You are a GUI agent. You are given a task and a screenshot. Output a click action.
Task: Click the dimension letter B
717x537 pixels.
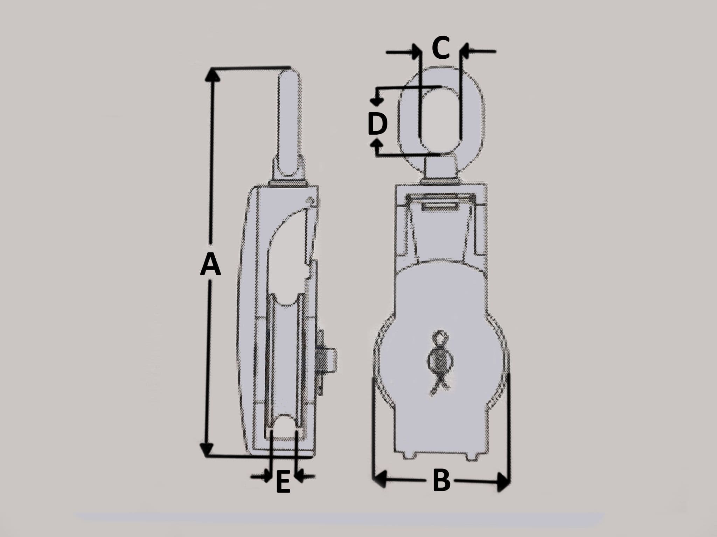tap(441, 481)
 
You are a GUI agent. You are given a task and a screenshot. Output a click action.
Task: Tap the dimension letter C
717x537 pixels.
tap(440, 48)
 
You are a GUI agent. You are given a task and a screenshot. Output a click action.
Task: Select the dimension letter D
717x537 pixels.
tap(377, 124)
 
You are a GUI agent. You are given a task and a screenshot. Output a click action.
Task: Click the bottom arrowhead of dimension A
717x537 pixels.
tap(207, 450)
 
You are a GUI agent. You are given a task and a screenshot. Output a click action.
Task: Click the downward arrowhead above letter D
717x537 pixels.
tap(376, 102)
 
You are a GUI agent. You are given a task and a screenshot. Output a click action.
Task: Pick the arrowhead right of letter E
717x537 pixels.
tap(300, 476)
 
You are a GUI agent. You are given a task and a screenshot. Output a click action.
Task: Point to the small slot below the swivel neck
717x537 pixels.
tap(440, 207)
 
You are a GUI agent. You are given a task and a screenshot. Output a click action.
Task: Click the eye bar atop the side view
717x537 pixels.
tap(289, 122)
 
